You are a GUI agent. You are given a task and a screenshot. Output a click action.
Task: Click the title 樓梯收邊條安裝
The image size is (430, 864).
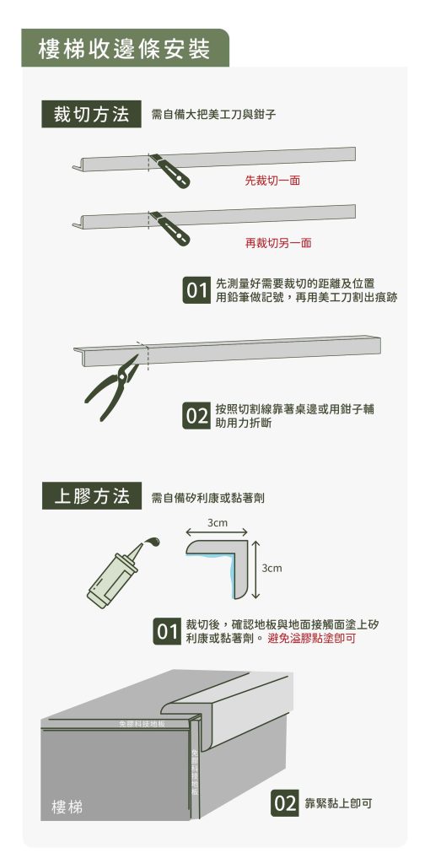tap(125, 49)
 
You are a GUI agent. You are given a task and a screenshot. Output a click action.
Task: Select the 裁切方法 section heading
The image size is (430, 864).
tap(91, 116)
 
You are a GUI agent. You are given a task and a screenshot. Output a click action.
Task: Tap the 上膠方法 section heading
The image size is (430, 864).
tap(91, 496)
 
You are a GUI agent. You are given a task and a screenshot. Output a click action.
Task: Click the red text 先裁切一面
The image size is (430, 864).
tap(272, 181)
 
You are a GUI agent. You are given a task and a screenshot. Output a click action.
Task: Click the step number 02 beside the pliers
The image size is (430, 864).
tap(196, 416)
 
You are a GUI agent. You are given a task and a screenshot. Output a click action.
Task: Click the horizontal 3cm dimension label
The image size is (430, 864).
tap(218, 523)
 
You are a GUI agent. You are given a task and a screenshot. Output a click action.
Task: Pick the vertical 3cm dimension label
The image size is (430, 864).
tap(271, 568)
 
